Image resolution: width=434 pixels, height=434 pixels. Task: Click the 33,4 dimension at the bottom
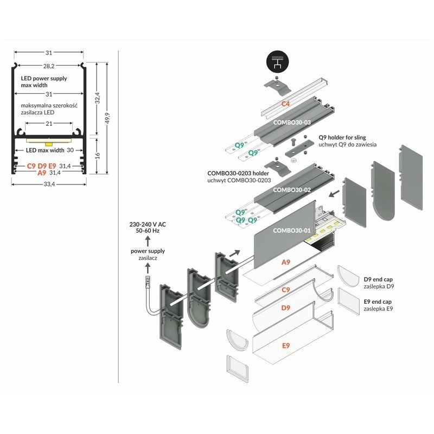(x=49, y=184)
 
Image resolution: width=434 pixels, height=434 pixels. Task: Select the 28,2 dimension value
(x=49, y=66)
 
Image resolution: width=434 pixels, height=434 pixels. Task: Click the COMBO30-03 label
(x=292, y=123)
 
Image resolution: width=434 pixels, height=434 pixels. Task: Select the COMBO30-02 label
(x=292, y=190)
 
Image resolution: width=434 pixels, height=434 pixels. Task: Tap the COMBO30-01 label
(x=292, y=230)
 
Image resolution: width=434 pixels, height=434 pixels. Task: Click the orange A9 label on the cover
(x=285, y=262)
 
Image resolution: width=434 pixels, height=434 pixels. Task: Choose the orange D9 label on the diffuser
(x=285, y=308)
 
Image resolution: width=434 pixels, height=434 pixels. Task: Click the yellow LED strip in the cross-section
(x=49, y=144)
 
